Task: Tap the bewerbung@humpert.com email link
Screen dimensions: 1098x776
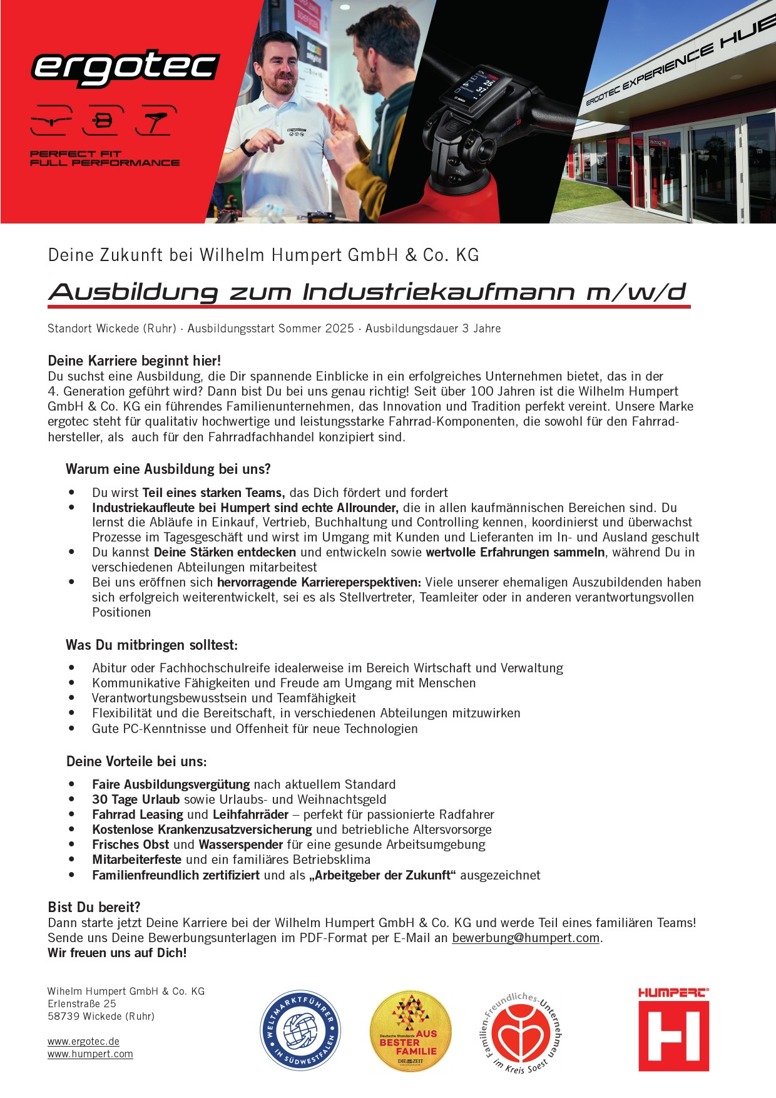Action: (526, 938)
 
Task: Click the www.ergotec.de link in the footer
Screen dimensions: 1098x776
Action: (83, 1041)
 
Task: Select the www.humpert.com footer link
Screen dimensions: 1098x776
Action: (90, 1054)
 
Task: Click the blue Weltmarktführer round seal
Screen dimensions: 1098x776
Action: (300, 1030)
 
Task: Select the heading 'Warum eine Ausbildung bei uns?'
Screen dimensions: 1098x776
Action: (168, 469)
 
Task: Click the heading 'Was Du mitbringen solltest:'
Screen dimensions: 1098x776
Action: (152, 645)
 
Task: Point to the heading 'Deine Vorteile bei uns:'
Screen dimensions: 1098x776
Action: (136, 761)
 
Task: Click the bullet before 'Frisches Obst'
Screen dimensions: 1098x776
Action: (72, 844)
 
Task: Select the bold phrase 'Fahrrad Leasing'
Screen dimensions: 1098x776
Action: (138, 814)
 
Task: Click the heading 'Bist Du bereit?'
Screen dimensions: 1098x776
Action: (94, 907)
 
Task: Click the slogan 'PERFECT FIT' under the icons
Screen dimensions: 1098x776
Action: (76, 153)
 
